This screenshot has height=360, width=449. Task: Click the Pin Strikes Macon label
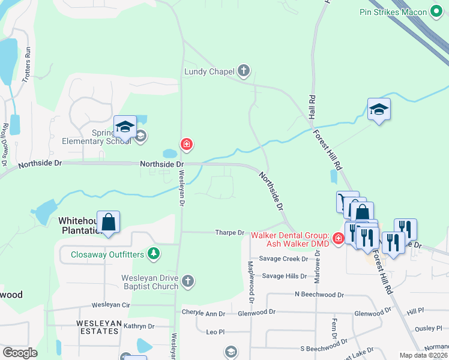click(x=394, y=12)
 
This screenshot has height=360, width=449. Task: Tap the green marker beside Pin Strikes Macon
click(x=437, y=12)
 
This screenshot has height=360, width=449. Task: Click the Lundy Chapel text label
click(x=209, y=72)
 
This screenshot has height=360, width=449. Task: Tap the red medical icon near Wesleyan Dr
click(x=187, y=144)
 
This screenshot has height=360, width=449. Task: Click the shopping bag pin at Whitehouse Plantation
click(x=108, y=223)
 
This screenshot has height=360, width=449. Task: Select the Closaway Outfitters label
click(x=107, y=254)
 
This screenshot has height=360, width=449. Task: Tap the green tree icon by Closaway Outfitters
click(x=154, y=254)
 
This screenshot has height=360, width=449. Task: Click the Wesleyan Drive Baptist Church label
click(x=149, y=282)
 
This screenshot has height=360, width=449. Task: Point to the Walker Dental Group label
click(x=290, y=239)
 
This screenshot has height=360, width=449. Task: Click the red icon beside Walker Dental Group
click(x=338, y=239)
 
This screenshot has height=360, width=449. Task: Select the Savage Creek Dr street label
click(x=283, y=259)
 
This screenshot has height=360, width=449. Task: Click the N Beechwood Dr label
click(x=319, y=295)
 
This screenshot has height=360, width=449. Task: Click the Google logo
click(x=20, y=353)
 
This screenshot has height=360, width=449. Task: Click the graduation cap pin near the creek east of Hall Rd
click(x=379, y=110)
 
